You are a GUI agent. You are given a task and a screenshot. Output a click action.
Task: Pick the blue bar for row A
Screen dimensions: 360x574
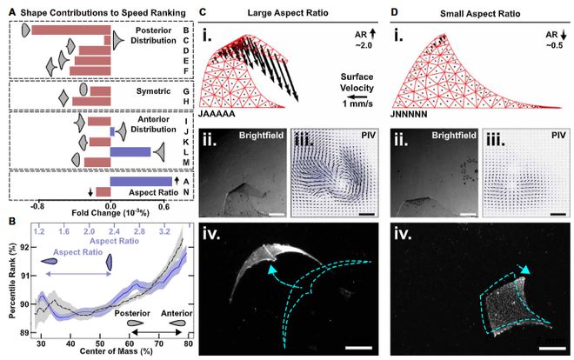(x=140, y=181)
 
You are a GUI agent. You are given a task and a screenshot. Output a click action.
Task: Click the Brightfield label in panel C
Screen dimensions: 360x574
(x=247, y=136)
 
